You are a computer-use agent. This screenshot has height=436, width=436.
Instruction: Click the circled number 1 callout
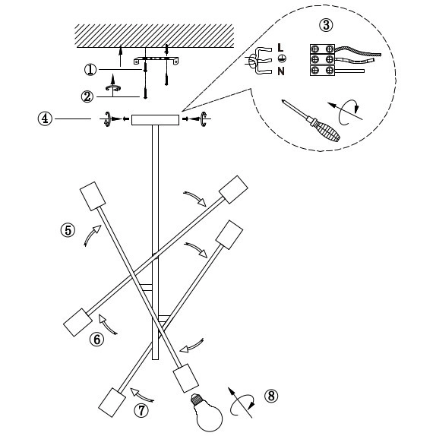(90, 69)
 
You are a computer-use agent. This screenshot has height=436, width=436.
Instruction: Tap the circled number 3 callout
(326, 25)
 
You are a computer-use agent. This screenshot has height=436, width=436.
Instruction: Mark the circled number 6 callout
(96, 340)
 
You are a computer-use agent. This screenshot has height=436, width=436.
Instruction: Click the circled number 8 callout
(272, 396)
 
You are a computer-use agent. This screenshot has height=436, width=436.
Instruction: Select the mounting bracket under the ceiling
(158, 59)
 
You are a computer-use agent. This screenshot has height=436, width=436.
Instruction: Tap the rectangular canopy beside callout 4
(155, 119)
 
